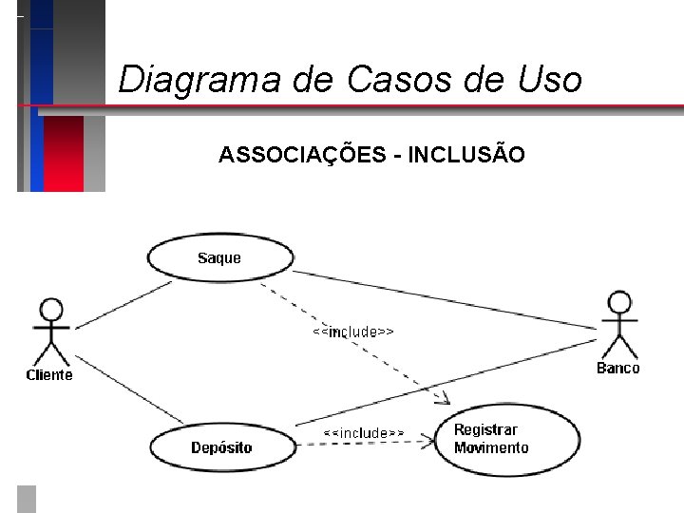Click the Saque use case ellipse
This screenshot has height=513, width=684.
tap(219, 257)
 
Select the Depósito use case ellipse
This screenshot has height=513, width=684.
tap(221, 447)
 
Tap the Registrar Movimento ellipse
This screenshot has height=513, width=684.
tap(505, 439)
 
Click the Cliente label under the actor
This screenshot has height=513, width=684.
tap(48, 375)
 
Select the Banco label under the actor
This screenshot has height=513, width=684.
tap(618, 369)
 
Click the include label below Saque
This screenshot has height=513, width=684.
tap(353, 332)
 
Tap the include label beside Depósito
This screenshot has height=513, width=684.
tap(363, 433)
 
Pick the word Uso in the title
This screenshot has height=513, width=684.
tap(550, 79)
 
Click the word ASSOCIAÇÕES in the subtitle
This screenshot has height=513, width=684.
tap(300, 154)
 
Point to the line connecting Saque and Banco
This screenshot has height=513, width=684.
tap(446, 298)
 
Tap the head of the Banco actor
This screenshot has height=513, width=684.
tap(619, 303)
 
